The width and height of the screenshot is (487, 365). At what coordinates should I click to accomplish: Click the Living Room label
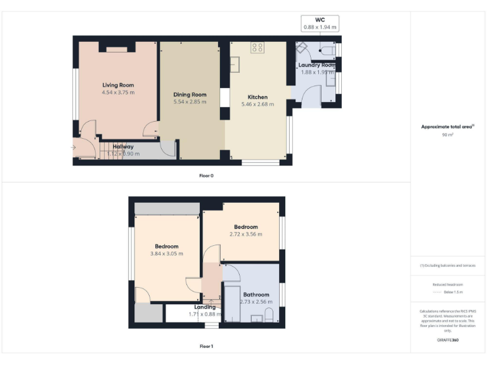point(118,85)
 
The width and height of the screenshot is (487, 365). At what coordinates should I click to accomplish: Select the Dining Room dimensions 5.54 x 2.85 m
point(190,102)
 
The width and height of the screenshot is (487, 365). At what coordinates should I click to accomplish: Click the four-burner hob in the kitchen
point(258,46)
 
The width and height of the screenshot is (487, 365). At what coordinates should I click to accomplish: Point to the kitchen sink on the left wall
point(235,64)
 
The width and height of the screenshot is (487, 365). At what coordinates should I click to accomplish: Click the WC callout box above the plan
point(320,23)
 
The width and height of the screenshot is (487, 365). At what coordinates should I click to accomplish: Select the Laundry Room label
point(316,65)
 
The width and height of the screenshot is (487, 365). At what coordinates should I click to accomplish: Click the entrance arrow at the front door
point(73,148)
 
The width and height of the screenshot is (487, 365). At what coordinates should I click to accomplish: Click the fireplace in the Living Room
point(117,47)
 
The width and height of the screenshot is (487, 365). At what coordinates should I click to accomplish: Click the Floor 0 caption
point(206,176)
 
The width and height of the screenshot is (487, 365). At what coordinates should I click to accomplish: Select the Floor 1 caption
point(206,347)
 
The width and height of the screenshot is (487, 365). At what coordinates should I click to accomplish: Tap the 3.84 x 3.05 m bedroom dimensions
point(166,253)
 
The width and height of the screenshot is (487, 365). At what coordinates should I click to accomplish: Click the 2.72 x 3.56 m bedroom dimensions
point(245,234)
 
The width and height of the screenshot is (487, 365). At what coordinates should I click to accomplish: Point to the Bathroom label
point(256,295)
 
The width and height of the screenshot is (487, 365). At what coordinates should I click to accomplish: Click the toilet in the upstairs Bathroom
point(269,315)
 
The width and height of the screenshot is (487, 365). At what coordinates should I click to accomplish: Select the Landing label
point(204,307)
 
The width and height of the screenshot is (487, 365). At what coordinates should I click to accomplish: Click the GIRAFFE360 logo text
point(448,340)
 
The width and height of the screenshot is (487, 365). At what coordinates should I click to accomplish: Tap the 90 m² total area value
point(447,135)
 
